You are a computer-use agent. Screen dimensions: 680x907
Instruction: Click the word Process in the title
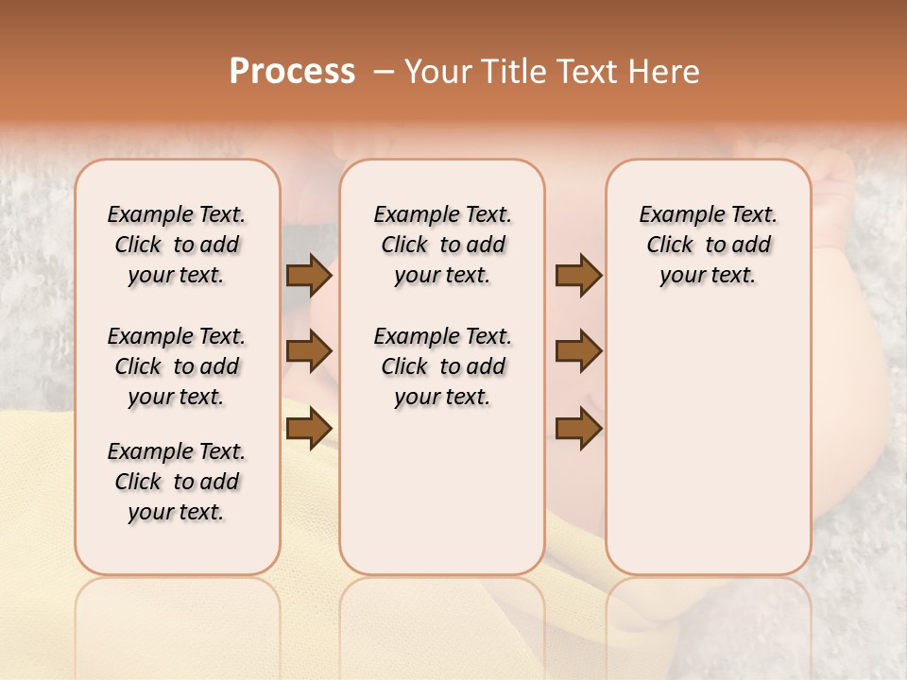(292, 72)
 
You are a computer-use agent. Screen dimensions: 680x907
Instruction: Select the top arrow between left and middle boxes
(309, 276)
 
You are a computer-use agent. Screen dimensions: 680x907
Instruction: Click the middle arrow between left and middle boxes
(309, 352)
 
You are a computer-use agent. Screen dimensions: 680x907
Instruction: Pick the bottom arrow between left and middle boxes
(309, 428)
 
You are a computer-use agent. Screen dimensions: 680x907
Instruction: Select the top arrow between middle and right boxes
(578, 276)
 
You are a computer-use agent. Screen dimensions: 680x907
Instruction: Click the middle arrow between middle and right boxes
(578, 352)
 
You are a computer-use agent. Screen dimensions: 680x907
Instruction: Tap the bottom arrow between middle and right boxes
(578, 428)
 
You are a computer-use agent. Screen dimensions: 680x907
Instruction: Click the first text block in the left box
(177, 245)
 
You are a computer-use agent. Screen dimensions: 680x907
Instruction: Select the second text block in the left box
(177, 366)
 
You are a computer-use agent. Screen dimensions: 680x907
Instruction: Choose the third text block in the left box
(177, 482)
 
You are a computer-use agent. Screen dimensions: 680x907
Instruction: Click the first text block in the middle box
(442, 245)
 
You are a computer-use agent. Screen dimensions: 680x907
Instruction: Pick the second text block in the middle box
(442, 366)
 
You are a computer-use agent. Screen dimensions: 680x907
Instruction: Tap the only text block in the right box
(708, 245)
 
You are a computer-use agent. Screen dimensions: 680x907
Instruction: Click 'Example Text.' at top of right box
(708, 215)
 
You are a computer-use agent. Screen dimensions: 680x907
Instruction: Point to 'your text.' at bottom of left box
(177, 512)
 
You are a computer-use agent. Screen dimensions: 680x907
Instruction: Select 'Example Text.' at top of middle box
(442, 215)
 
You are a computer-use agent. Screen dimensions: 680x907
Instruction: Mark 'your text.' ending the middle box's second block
(442, 397)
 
